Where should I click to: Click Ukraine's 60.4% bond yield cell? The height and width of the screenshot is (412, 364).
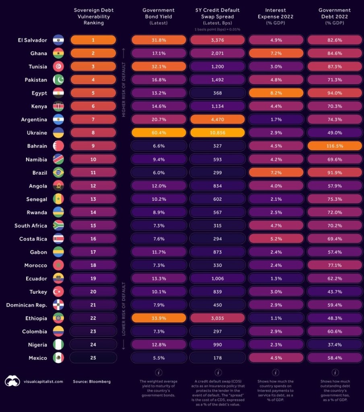159,133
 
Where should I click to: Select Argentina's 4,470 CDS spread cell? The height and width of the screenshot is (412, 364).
217,119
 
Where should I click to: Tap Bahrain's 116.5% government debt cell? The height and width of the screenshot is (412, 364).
335,146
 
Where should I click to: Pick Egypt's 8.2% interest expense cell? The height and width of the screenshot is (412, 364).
276,93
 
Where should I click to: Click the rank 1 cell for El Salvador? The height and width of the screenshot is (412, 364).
93,40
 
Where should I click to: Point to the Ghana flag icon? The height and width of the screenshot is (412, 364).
58,53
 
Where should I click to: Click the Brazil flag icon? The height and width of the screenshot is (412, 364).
58,173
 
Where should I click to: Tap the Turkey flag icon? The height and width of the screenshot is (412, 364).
58,292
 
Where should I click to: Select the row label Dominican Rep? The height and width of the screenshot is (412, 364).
27,305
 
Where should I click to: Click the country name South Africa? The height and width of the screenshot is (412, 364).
31,226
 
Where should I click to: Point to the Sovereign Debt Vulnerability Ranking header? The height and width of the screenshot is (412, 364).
94,16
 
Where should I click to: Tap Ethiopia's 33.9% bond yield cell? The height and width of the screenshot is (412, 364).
159,318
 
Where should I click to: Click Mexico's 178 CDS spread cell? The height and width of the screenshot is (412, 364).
217,358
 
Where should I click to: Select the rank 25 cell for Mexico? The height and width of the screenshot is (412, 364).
93,358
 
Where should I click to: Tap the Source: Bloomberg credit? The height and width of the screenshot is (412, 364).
92,381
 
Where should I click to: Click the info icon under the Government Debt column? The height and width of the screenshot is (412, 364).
335,372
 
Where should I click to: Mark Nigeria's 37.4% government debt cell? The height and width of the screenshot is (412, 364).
335,345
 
